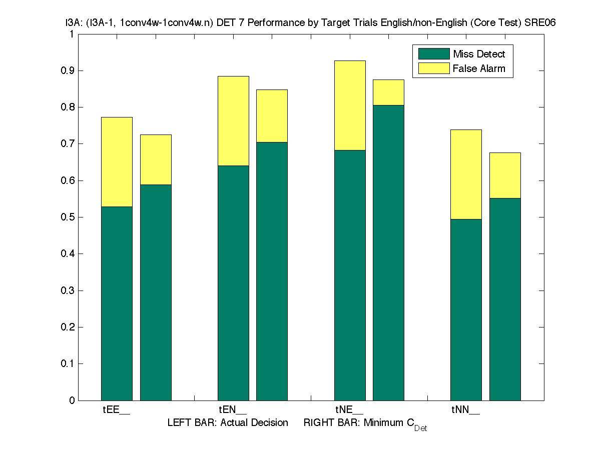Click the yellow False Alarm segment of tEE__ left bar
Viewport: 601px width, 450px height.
(x=117, y=161)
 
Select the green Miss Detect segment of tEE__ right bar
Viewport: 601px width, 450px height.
(x=156, y=292)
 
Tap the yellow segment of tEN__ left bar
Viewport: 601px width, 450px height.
(x=233, y=120)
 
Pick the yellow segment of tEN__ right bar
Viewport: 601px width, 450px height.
(x=272, y=115)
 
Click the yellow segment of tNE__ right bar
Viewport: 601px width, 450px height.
(x=388, y=92)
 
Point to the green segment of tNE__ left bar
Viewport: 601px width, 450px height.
(x=350, y=275)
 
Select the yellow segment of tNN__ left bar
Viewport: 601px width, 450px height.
(x=466, y=174)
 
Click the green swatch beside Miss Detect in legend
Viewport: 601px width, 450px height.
(x=433, y=54)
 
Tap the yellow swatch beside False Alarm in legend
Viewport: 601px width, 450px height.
(x=433, y=68)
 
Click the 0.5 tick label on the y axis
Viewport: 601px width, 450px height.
(x=68, y=217)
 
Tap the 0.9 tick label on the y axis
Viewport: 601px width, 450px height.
(x=68, y=70)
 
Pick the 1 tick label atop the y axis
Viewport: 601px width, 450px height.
(x=72, y=34)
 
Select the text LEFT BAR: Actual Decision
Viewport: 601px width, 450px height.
(x=228, y=423)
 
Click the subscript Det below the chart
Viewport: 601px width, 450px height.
(x=420, y=428)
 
